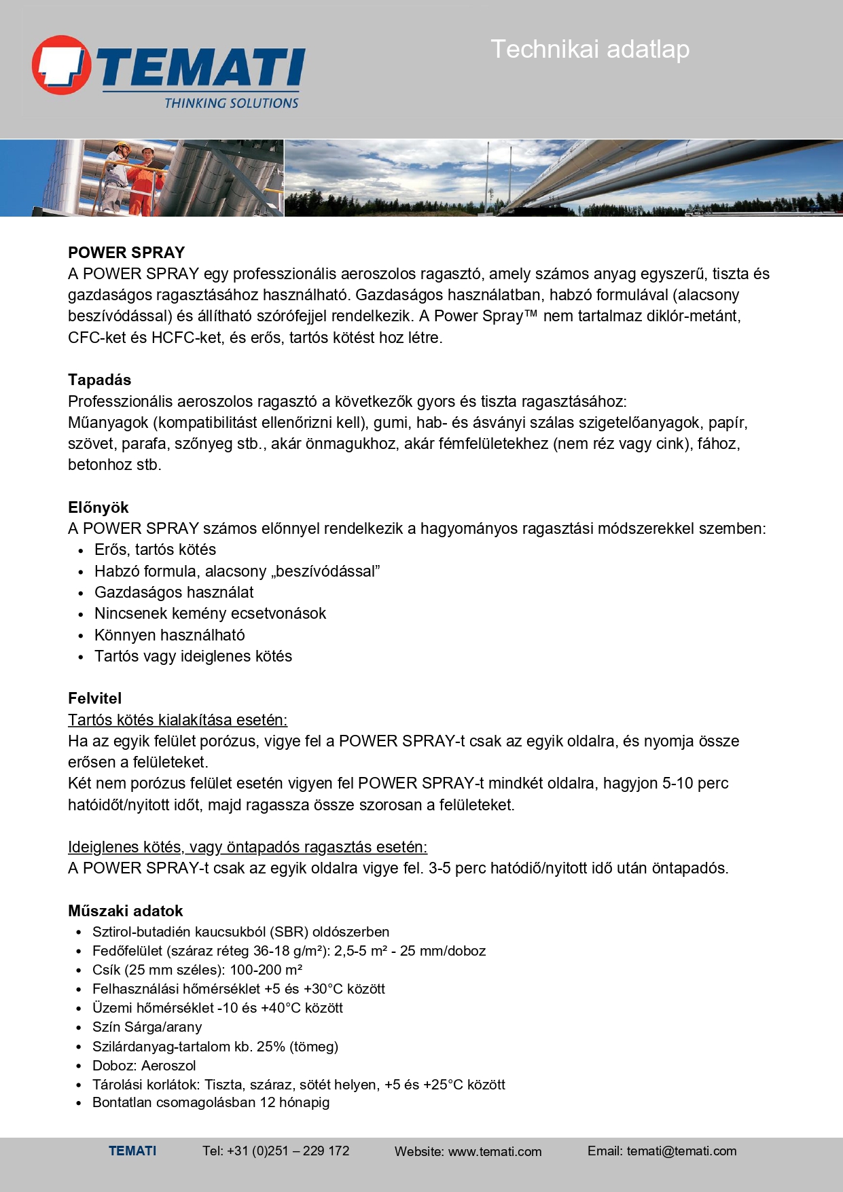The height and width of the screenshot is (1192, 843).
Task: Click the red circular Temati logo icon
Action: click(61, 65)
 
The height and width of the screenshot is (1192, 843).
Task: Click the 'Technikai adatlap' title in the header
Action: click(590, 49)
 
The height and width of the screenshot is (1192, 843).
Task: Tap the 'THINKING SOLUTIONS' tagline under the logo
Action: click(231, 103)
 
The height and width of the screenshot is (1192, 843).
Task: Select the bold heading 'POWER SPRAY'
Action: click(126, 253)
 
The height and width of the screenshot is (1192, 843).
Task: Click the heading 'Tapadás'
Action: click(99, 380)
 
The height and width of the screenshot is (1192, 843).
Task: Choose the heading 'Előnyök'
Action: click(98, 507)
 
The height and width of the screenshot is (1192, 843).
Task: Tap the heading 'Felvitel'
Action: click(94, 698)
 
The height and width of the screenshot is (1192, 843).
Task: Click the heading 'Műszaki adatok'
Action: click(125, 911)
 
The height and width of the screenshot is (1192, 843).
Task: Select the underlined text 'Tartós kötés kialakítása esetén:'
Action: click(177, 720)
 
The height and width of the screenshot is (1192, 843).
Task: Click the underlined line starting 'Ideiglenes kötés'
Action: click(247, 847)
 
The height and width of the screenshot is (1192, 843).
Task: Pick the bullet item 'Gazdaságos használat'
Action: click(174, 592)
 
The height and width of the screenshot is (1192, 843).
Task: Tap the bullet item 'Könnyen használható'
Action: click(169, 635)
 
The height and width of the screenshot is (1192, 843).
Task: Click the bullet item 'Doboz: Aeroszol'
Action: click(144, 1066)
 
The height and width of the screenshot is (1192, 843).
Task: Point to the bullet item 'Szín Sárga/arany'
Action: click(147, 1027)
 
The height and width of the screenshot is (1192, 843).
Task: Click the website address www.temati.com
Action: click(495, 1151)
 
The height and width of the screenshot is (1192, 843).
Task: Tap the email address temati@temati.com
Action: click(681, 1151)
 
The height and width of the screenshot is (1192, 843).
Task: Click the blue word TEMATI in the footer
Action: click(132, 1151)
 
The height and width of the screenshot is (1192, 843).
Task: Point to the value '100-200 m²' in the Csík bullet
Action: click(266, 970)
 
